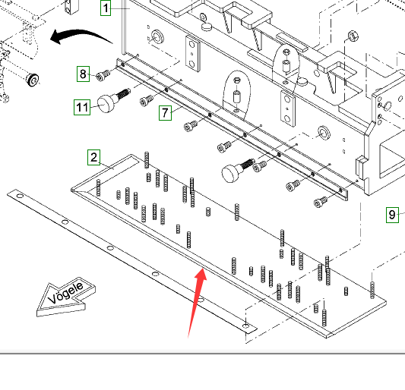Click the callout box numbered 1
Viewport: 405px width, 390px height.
tap(106, 8)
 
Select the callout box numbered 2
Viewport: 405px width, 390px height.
tap(93, 157)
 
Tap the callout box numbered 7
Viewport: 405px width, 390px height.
tap(165, 113)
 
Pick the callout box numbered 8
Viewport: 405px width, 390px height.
tap(83, 74)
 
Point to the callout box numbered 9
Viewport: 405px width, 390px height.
tap(392, 215)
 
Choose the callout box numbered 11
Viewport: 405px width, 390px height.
tap(82, 107)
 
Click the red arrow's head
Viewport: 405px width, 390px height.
tap(201, 274)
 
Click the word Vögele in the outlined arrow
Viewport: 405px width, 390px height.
tap(65, 293)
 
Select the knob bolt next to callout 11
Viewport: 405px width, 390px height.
tap(113, 100)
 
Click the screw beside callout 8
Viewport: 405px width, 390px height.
tap(103, 75)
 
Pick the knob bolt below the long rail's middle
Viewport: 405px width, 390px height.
tap(237, 170)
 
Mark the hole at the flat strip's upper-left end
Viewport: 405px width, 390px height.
tap(20, 196)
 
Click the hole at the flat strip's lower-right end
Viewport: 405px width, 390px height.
tap(246, 326)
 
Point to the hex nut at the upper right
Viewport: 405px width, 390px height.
tap(353, 36)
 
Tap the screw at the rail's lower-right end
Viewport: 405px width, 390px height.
tap(321, 202)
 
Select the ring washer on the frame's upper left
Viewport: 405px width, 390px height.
tap(157, 36)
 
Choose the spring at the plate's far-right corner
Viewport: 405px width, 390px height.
tap(372, 290)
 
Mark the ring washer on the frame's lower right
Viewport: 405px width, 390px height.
tap(324, 133)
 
